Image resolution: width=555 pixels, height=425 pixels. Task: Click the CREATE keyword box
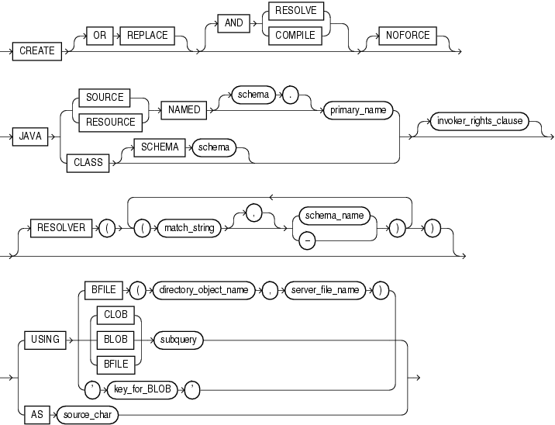pyautogui.click(x=37, y=50)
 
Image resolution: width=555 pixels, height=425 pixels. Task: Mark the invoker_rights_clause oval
pyautogui.click(x=481, y=121)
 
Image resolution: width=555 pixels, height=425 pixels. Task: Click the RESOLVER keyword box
pyautogui.click(x=60, y=227)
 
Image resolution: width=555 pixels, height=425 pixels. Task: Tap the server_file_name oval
pyautogui.click(x=326, y=289)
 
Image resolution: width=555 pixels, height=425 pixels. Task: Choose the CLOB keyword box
pyautogui.click(x=113, y=316)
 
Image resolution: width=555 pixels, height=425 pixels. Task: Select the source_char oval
pyautogui.click(x=88, y=414)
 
